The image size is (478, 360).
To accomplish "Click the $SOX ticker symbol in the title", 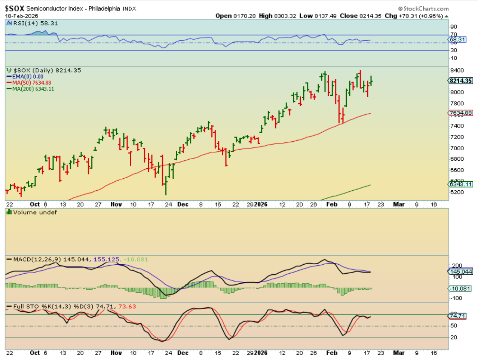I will [x=15, y=9].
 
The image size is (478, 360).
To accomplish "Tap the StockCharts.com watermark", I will [x=423, y=9].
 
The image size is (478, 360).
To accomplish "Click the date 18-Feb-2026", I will [x=21, y=16].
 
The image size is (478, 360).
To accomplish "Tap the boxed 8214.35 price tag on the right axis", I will [x=460, y=81].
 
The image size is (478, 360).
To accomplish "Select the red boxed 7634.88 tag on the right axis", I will [x=460, y=113].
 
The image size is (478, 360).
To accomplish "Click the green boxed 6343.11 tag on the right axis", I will [x=460, y=184].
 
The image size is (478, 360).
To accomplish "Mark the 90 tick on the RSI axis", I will [x=454, y=27].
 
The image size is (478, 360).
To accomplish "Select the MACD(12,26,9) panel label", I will [x=34, y=259].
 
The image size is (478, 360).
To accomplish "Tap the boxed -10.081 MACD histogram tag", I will [x=460, y=289].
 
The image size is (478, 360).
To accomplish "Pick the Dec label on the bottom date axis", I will [x=183, y=353].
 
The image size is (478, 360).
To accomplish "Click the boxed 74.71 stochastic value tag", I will [x=457, y=316].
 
